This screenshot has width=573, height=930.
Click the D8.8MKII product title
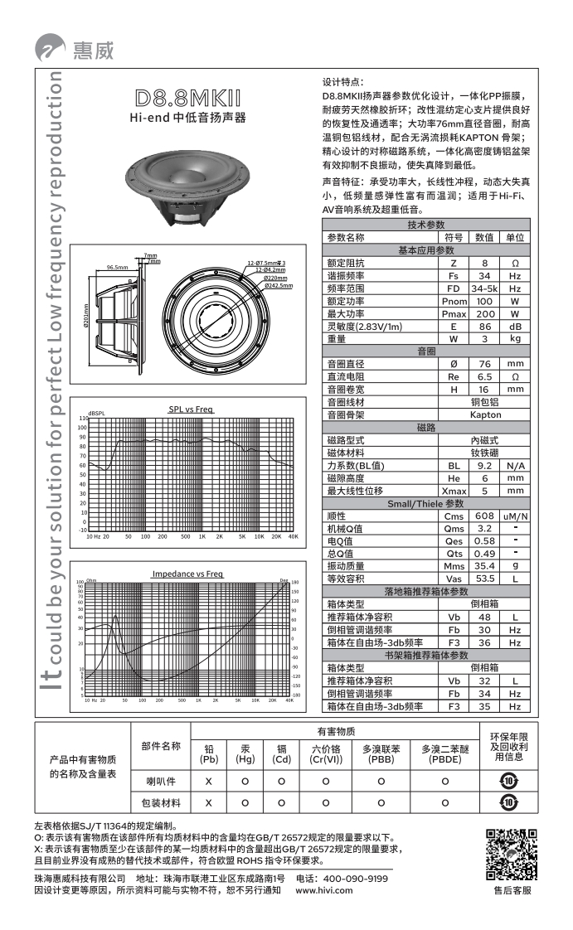click(x=187, y=97)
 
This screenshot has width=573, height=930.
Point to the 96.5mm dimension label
click(x=117, y=268)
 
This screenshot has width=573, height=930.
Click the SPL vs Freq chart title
click(x=192, y=409)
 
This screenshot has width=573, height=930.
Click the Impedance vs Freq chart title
click(x=187, y=574)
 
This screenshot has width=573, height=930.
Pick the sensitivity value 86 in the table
click(x=484, y=327)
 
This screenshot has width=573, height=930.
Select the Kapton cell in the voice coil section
click(x=485, y=414)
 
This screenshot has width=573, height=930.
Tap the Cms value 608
click(x=484, y=516)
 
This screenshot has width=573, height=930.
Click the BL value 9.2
click(x=484, y=466)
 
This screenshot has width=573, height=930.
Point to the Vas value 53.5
click(x=484, y=579)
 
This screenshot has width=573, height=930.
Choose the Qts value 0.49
click(x=484, y=554)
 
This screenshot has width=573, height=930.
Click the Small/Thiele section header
click(x=425, y=503)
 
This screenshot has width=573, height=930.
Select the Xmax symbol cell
click(x=454, y=491)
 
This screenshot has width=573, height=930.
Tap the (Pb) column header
click(x=209, y=758)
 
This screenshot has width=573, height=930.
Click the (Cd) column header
click(x=282, y=758)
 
